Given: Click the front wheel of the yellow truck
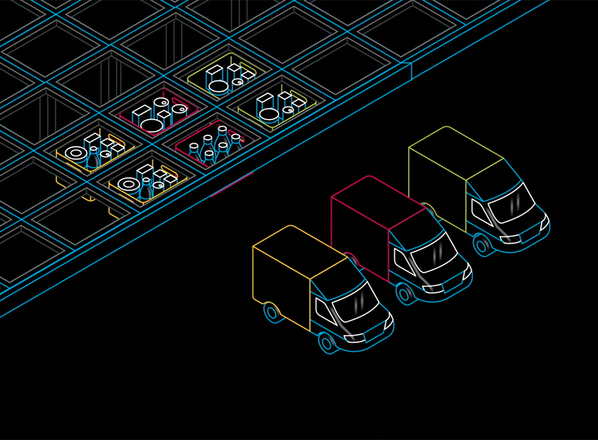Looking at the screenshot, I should click(x=327, y=342).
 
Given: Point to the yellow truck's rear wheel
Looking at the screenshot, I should click(x=271, y=312).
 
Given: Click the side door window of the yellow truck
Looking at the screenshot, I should click(x=325, y=308).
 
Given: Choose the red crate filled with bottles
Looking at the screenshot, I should click(x=214, y=146).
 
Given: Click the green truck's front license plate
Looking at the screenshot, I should click(x=526, y=240).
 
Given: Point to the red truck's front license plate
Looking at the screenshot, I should click(x=449, y=288).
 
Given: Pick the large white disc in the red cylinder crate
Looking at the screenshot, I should click(x=151, y=125).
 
